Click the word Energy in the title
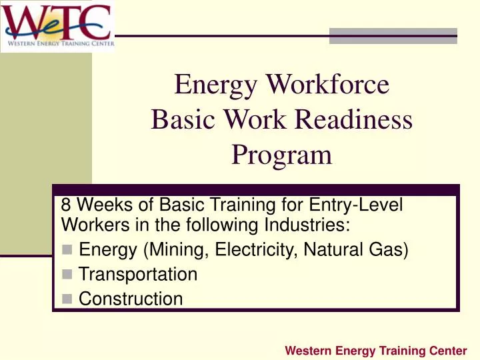coord(216,85)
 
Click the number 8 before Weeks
coord(65,205)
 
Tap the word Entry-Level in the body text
coord(363,205)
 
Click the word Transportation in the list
coord(138,274)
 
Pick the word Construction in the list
coord(131,299)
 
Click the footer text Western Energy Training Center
coord(375,350)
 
